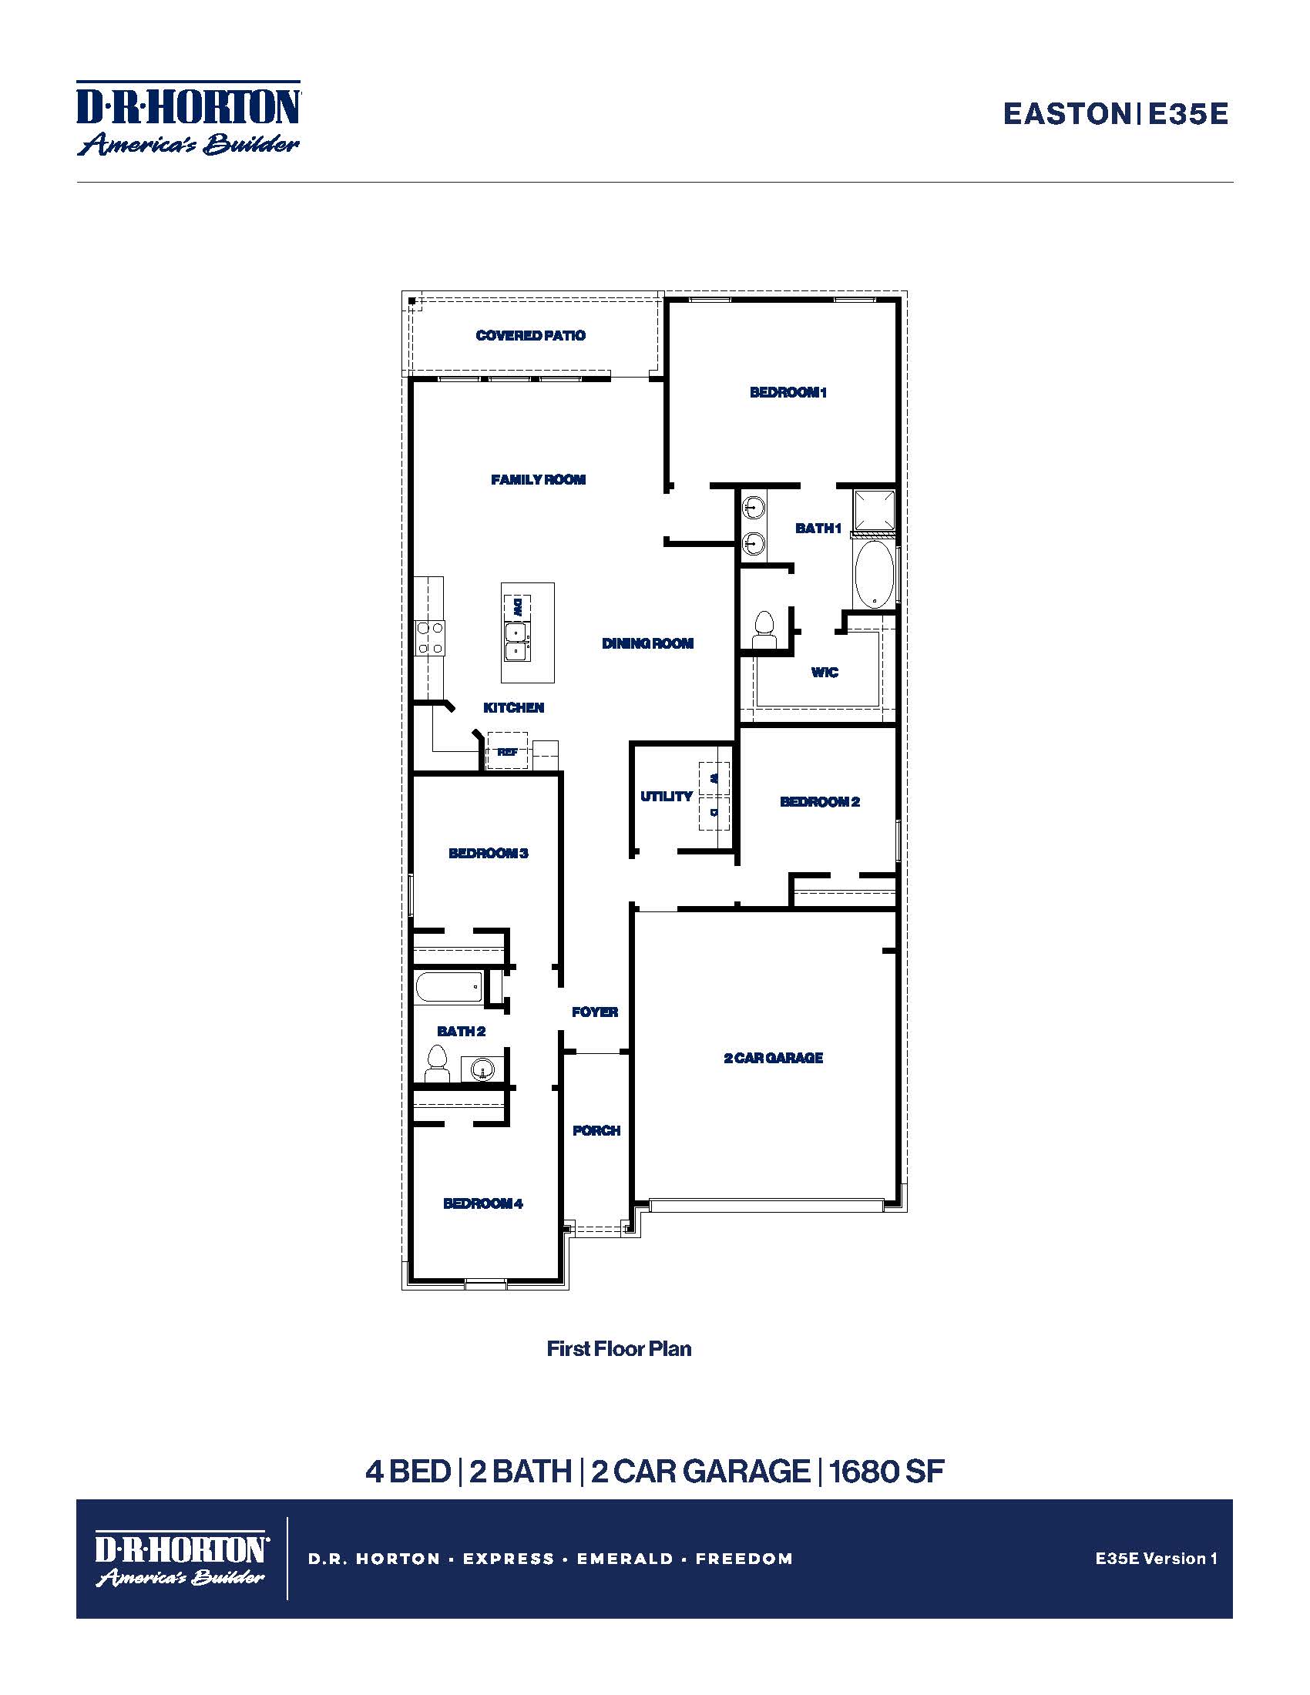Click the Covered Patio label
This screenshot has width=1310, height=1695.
coord(530,335)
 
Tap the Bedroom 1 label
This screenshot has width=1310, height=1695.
coord(788,392)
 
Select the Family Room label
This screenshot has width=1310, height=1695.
coord(538,480)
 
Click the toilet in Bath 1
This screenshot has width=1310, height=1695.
coord(764,629)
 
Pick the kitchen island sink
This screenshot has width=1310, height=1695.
coord(516,643)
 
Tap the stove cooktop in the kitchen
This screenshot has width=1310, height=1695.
coord(429,638)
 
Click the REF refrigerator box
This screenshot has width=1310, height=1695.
coord(507,751)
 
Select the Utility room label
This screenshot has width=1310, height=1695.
coord(666,797)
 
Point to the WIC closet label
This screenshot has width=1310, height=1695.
coord(825,672)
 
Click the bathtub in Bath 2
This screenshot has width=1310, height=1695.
coord(448,988)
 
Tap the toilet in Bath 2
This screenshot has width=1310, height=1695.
coord(438,1064)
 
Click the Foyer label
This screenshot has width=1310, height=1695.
coord(594,1012)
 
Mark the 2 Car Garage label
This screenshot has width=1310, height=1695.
coord(773,1058)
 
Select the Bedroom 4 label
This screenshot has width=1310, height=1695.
coord(482,1203)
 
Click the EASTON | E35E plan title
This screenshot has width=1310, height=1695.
coord(1114,114)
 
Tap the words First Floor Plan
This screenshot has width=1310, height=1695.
coord(619,1349)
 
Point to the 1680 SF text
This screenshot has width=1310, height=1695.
coord(886,1472)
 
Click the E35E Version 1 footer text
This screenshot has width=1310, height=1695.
coord(1156,1559)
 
